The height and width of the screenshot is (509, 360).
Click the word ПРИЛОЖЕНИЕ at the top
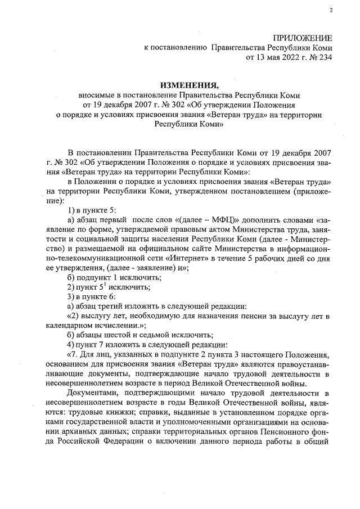303,38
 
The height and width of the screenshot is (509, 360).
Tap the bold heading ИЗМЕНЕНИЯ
188,85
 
